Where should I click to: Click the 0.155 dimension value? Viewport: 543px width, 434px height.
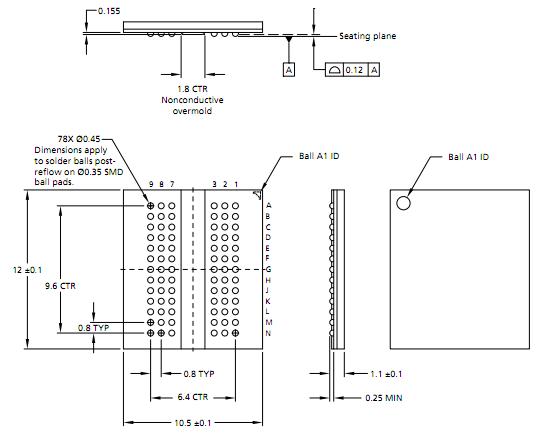pyautogui.click(x=109, y=11)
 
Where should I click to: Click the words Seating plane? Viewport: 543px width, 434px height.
pyautogui.click(x=367, y=36)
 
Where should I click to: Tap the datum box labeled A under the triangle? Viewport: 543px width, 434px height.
pyautogui.click(x=289, y=70)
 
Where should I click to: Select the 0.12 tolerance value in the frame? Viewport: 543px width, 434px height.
pyautogui.click(x=354, y=70)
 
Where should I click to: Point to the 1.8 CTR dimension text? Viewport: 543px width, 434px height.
pyautogui.click(x=192, y=89)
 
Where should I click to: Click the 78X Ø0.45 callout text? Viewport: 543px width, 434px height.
pyautogui.click(x=79, y=139)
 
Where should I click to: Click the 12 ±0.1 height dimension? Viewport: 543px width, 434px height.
pyautogui.click(x=27, y=270)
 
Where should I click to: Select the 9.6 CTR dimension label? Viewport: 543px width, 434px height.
pyautogui.click(x=60, y=286)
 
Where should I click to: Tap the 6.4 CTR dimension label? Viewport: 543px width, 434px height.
pyautogui.click(x=193, y=397)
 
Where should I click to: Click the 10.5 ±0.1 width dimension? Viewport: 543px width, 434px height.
pyautogui.click(x=193, y=423)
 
